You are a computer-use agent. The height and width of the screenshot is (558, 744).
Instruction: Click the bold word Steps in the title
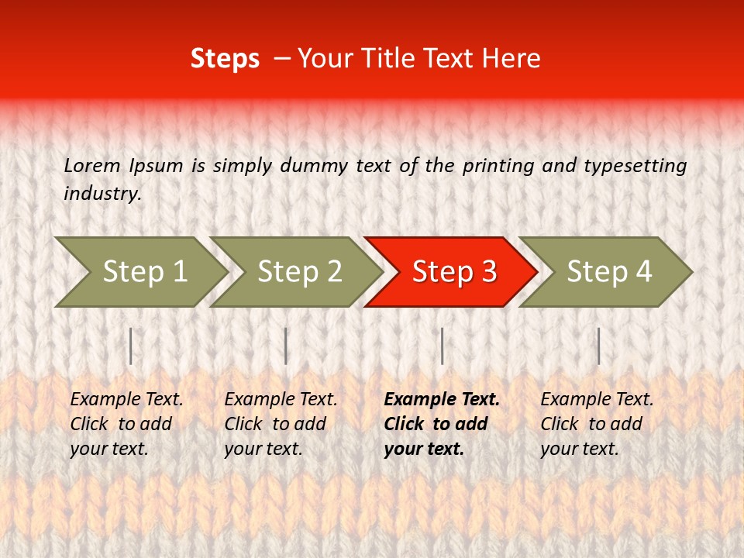[x=225, y=58]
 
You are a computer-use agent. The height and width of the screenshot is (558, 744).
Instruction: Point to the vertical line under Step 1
[x=131, y=346]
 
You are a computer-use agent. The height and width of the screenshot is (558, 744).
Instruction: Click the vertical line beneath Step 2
[x=286, y=346]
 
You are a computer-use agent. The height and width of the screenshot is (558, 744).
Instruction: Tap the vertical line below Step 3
[x=442, y=346]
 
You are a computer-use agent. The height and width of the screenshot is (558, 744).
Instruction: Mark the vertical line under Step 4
[x=598, y=346]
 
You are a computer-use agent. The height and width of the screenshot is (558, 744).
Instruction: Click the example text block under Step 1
[x=126, y=424]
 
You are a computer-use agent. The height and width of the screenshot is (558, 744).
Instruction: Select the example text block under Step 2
[x=281, y=424]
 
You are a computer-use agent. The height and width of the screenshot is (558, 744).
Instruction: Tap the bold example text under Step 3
[x=442, y=424]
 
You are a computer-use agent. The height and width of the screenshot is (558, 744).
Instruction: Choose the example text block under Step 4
[x=597, y=424]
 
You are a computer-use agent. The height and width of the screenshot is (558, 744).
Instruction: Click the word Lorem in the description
[x=91, y=166]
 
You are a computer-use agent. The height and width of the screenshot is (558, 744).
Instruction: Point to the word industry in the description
[x=102, y=194]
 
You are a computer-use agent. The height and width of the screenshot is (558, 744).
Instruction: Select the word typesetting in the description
[x=635, y=166]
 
